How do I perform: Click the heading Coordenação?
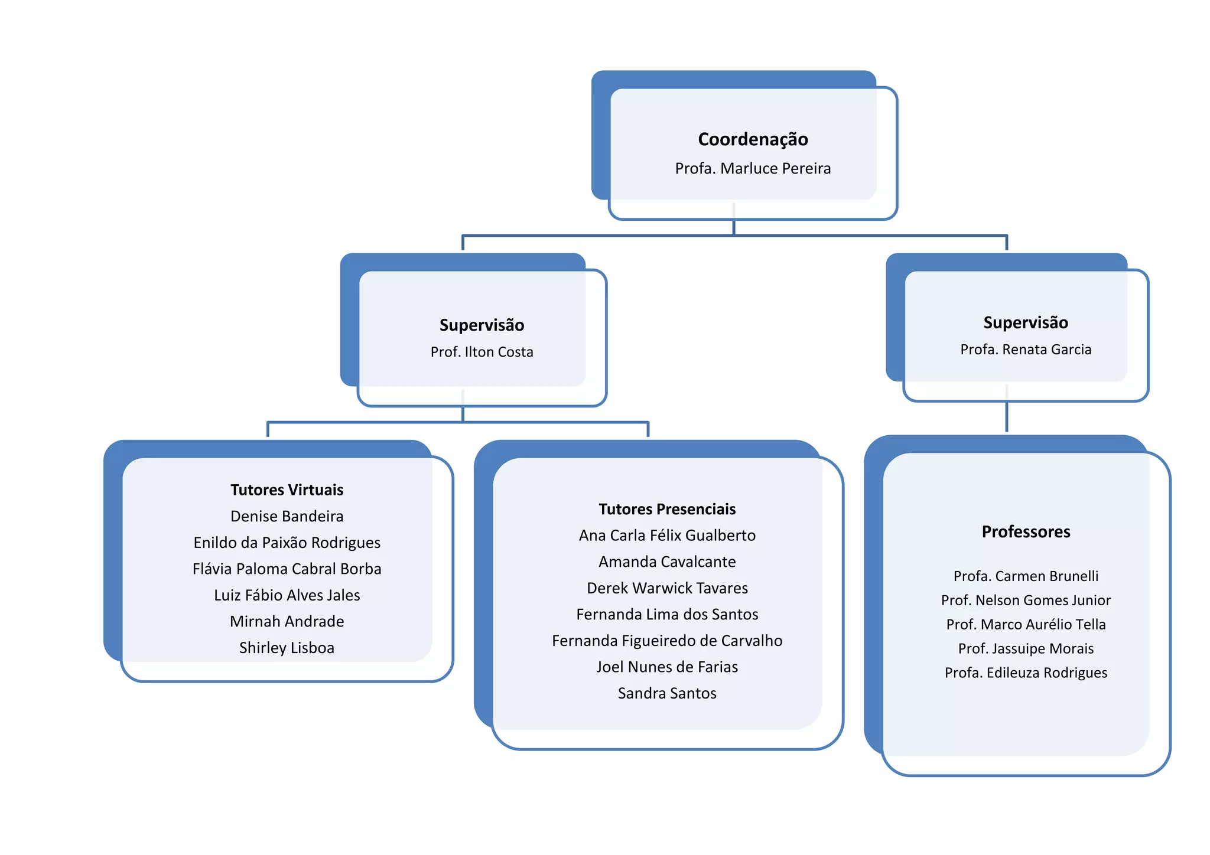pos(753,139)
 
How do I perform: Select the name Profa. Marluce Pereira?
pos(753,169)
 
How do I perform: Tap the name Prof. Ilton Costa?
pos(482,352)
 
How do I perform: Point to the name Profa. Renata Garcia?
pos(1026,350)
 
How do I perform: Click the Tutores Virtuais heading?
pos(287,490)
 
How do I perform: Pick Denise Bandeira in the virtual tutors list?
pos(287,517)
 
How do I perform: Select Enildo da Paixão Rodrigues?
pos(287,543)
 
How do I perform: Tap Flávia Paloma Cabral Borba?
pos(287,569)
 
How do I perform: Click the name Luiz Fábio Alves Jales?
pos(287,595)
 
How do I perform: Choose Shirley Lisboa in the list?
pos(287,648)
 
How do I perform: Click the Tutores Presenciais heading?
pos(667,509)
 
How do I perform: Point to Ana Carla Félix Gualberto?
pos(667,536)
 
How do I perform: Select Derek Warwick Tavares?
pos(667,588)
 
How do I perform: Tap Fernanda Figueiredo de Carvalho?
pos(667,641)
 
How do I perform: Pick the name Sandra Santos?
pos(667,693)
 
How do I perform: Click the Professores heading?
pos(1026,532)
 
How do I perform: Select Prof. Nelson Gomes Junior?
pos(1026,601)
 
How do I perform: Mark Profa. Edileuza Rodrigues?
pos(1026,673)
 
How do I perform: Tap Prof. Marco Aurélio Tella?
pos(1026,625)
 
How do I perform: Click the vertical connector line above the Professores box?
pos(1007,417)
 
